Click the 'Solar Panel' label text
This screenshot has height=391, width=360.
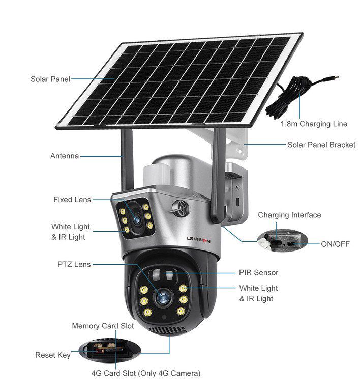[x=50, y=79]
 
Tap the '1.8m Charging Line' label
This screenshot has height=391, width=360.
[x=314, y=124]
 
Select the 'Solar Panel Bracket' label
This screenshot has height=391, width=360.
[x=321, y=145]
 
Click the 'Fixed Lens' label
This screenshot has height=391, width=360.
[x=72, y=200]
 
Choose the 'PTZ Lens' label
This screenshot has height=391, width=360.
[x=74, y=264]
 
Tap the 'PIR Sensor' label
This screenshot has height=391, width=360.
[x=258, y=272]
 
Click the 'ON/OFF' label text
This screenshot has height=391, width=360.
[x=336, y=244]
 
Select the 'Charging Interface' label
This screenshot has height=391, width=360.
[x=289, y=215]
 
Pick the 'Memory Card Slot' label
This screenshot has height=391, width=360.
[x=103, y=326]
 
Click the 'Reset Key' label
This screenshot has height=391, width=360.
[x=53, y=355]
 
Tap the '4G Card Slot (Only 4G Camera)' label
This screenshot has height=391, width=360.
[x=145, y=373]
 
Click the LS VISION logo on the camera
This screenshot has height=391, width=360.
[x=199, y=240]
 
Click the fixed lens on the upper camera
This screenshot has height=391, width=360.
[x=136, y=220]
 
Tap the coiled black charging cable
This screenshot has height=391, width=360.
[x=289, y=97]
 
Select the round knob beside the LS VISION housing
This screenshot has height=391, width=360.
[x=180, y=208]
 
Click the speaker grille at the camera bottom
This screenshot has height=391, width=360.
[x=167, y=330]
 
